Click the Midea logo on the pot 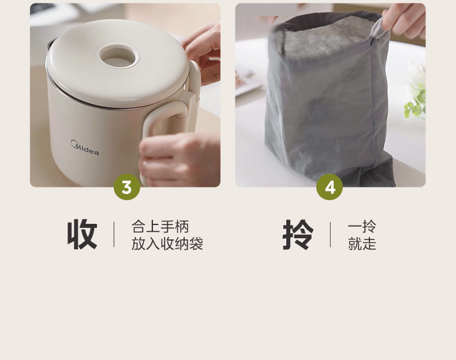(85, 148)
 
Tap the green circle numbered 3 (127, 187)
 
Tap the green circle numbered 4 (330, 187)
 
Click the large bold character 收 (83, 234)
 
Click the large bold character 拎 (298, 234)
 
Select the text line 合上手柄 (160, 226)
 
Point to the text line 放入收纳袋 (167, 243)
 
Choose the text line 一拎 (362, 226)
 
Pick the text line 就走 (362, 243)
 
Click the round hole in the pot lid (118, 57)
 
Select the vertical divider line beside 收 (114, 234)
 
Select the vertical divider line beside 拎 (330, 234)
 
